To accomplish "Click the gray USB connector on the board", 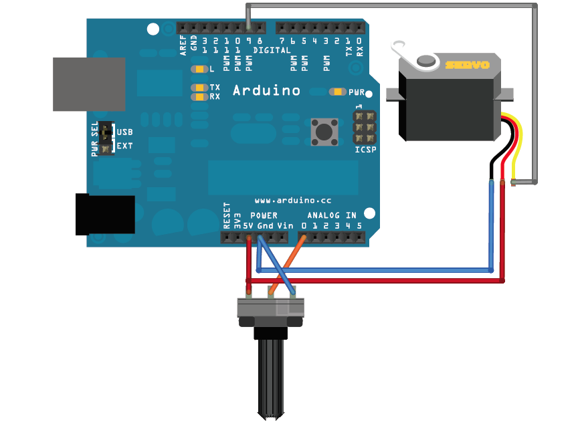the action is point(89,84).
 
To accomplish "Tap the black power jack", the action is point(105,215).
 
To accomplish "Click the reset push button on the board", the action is point(324,132).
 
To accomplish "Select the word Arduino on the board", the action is point(266,90).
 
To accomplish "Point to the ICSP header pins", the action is point(365,128).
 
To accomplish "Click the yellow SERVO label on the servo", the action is point(467,66).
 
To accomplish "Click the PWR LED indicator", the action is point(337,92).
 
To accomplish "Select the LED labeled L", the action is point(199,69).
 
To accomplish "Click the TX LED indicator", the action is point(199,88).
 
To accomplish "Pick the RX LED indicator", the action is point(199,97).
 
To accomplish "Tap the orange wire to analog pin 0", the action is point(288,265).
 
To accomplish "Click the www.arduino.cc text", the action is point(293,201).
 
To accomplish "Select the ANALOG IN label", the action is point(332,215).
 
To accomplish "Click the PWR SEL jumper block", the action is point(106,138).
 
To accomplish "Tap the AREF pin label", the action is point(183,45).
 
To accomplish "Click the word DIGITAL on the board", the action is point(272,50).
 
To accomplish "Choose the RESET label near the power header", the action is point(227,215).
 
